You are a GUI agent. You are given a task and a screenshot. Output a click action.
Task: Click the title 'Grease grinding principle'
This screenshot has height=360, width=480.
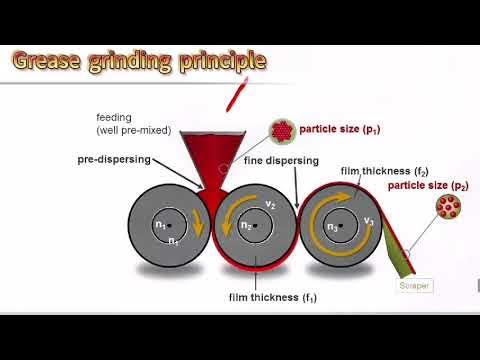tap(139, 61)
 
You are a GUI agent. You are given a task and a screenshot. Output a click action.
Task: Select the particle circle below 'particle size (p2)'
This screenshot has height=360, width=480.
tap(448, 208)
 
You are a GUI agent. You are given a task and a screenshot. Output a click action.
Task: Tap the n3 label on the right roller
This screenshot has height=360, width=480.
tap(332, 226)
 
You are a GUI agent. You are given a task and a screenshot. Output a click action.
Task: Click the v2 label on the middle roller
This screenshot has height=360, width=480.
tap(269, 204)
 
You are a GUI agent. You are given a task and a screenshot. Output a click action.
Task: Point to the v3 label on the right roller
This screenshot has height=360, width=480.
tap(368, 220)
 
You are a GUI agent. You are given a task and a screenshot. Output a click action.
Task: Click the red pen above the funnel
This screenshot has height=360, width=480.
tap(236, 96)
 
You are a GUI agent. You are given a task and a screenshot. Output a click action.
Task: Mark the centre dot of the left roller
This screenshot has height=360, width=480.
tap(168, 225)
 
